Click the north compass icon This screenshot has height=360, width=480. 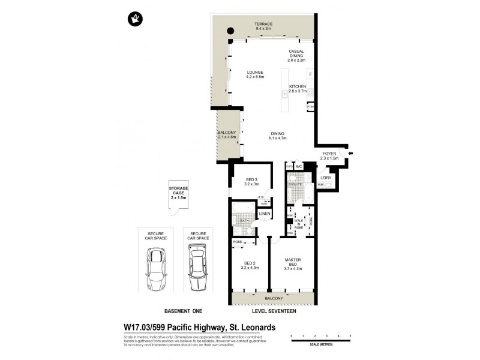pos(134,19)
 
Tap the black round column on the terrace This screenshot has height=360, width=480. pos(230,32)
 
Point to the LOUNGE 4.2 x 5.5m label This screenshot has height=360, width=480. pos(255,74)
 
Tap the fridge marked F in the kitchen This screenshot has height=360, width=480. pos(310,74)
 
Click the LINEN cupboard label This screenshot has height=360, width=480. pos(265,214)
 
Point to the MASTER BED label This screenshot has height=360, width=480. pos(293,262)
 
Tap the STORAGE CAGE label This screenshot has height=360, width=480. pos(178,193)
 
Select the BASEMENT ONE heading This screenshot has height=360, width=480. pos(183,311)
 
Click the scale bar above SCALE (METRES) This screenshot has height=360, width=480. pos(320,340)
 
